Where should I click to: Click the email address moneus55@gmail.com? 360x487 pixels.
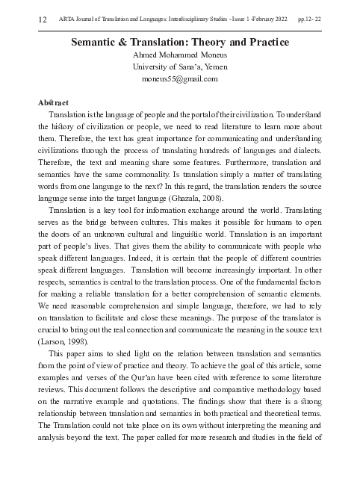[179, 78]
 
